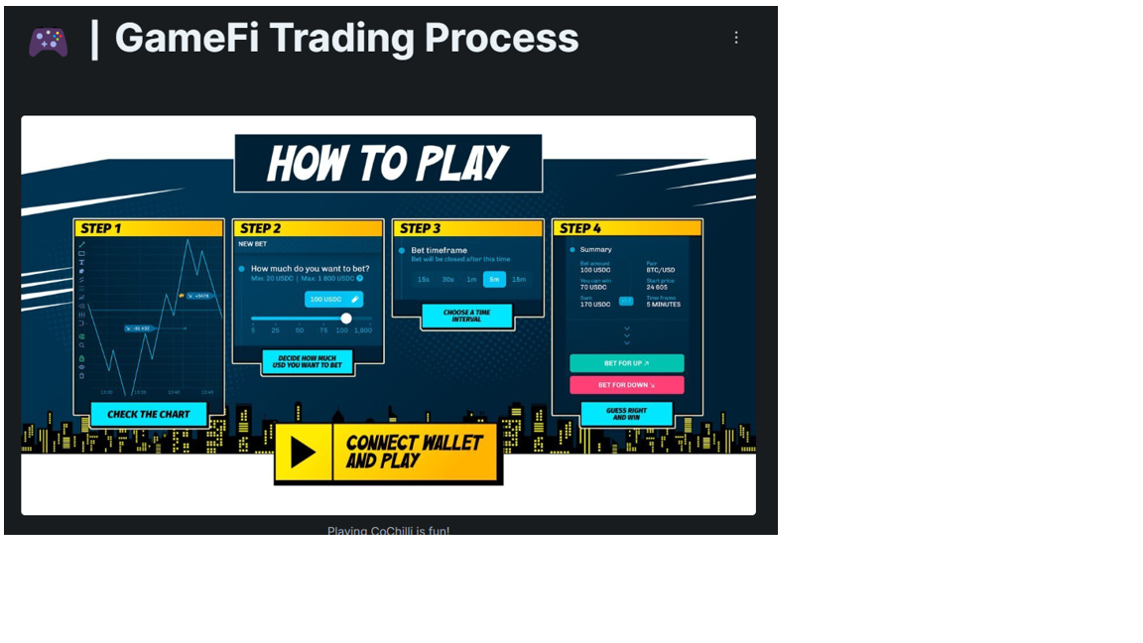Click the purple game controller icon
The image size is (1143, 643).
point(48,42)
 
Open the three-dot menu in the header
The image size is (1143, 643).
point(735,38)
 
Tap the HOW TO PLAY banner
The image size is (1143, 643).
point(388,163)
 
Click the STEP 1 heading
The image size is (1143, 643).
point(102,229)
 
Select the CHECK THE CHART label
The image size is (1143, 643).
point(149,414)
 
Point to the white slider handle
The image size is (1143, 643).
point(346,319)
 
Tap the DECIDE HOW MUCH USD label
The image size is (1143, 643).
point(308,362)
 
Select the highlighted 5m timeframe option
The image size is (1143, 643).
point(494,280)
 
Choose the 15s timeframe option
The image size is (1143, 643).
point(424,280)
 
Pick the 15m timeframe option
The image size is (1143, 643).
point(519,280)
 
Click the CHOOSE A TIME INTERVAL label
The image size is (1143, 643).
point(466,316)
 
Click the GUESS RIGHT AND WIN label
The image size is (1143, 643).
point(626,414)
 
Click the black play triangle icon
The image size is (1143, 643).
point(303,452)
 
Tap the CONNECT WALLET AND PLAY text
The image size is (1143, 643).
point(414,451)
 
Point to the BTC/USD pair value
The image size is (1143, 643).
point(661,270)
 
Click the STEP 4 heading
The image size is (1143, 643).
point(580,229)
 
